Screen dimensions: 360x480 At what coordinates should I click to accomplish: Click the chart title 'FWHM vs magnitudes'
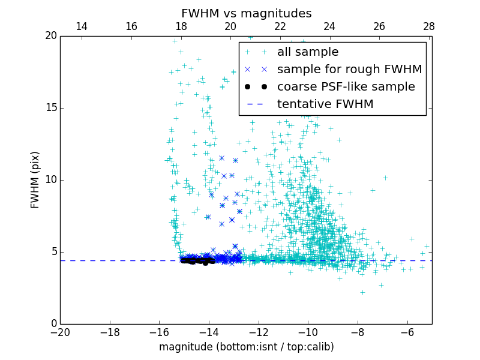pyautogui.click(x=246, y=13)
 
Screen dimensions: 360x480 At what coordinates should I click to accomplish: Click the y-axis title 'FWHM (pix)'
pyautogui.click(x=35, y=180)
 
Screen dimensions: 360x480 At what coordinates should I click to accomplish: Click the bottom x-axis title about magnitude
pyautogui.click(x=246, y=347)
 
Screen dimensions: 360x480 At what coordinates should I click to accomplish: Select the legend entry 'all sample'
pyautogui.click(x=307, y=52)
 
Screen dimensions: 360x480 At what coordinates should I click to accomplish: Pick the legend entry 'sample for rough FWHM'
pyautogui.click(x=349, y=70)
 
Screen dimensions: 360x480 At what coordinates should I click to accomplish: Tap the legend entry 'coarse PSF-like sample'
pyautogui.click(x=346, y=87)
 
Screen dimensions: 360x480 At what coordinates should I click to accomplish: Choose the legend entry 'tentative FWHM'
pyautogui.click(x=325, y=104)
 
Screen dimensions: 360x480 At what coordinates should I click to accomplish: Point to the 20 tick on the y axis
pyautogui.click(x=50, y=36)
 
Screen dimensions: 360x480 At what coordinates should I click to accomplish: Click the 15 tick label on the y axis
pyautogui.click(x=50, y=108)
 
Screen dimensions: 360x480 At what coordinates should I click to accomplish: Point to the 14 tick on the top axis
pyautogui.click(x=82, y=26)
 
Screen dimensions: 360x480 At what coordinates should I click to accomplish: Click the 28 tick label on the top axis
pyautogui.click(x=428, y=26)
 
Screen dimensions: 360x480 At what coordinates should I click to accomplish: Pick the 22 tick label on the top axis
pyautogui.click(x=280, y=26)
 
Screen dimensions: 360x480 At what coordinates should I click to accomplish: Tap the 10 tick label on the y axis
pyautogui.click(x=50, y=180)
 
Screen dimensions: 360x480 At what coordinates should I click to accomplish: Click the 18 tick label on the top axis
pyautogui.click(x=181, y=26)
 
